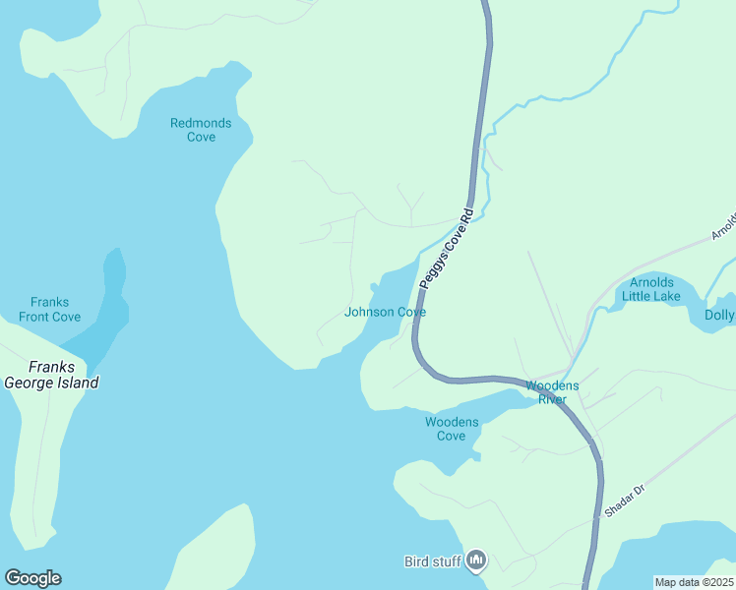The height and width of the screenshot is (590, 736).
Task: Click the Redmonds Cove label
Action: point(201,130)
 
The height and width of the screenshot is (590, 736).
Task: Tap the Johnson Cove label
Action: point(385,313)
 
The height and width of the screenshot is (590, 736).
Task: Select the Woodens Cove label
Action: point(452,429)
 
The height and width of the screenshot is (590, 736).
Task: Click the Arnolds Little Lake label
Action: point(650,289)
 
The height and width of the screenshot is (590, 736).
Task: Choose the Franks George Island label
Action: point(51,375)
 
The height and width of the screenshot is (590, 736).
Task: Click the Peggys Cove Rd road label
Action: point(448,249)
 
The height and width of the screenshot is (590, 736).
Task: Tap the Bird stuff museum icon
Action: point(476,561)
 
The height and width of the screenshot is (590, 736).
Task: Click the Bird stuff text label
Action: point(432,562)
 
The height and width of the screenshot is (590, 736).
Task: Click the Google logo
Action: point(32,578)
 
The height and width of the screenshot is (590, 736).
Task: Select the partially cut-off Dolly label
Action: point(719,316)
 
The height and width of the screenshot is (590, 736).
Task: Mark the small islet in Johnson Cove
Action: point(373,287)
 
